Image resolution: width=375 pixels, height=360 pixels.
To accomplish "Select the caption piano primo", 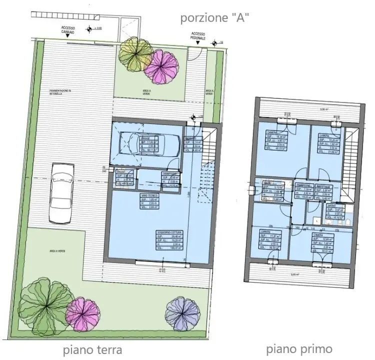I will click(298, 348).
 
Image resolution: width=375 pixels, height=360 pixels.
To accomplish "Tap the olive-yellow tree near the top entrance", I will click(135, 54).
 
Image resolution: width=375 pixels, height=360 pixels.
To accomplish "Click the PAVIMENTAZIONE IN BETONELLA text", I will click(60, 91).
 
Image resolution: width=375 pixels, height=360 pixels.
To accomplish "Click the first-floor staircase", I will click(351, 160).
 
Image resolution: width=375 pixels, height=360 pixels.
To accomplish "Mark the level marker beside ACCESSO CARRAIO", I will click(90, 28).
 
